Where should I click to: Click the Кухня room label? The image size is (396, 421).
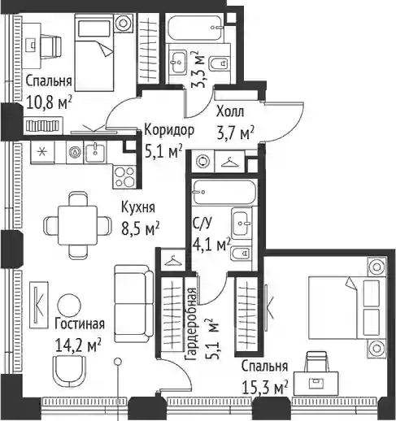click(x=138, y=208)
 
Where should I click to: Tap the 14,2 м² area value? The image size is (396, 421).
click(x=78, y=345)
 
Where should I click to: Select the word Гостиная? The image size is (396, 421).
click(x=80, y=323)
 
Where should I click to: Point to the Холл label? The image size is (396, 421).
click(x=230, y=111)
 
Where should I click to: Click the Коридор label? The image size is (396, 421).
click(x=169, y=130)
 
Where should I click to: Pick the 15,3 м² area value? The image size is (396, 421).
click(x=264, y=388)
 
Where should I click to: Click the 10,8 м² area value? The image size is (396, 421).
click(x=49, y=102)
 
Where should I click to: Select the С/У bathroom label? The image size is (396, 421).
click(x=202, y=224)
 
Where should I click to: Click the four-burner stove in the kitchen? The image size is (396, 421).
click(x=124, y=176)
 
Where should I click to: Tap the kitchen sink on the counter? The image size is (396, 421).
click(x=95, y=152)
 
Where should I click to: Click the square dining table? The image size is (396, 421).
click(x=77, y=225)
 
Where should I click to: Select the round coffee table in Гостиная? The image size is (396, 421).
click(x=70, y=306)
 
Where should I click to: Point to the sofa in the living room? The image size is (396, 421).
click(x=133, y=303)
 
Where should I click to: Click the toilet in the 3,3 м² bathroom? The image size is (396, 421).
click(x=219, y=64)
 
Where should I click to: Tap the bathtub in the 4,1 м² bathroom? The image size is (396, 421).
click(x=224, y=192)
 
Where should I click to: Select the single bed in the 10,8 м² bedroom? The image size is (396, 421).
click(x=94, y=53)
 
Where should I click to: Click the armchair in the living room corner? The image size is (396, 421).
click(x=69, y=371)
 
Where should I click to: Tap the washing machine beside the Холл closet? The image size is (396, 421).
click(x=202, y=161)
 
